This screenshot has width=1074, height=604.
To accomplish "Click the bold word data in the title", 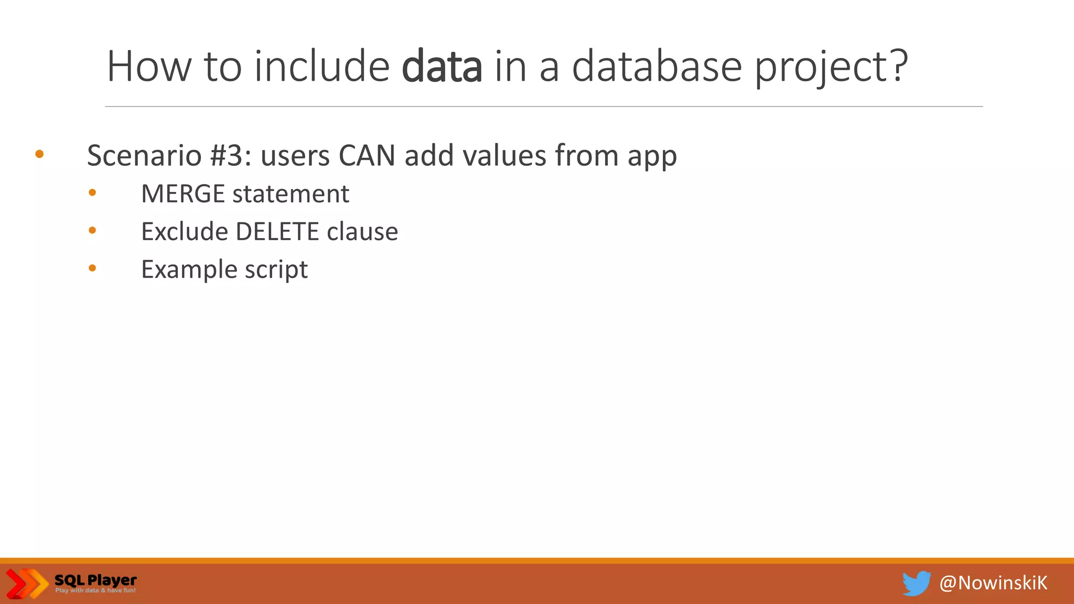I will click(442, 67).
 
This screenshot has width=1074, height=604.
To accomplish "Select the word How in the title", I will click(149, 67).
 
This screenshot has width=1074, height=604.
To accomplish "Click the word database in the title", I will click(657, 67).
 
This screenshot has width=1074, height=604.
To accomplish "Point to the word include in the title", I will click(322, 67).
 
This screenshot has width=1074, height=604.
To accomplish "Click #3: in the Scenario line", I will click(230, 156).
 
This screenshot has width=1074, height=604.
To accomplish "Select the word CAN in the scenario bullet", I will click(367, 156).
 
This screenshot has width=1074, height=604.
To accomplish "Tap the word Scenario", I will click(144, 156).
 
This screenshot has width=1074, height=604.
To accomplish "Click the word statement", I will click(291, 194).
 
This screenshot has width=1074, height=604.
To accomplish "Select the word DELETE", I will click(277, 232).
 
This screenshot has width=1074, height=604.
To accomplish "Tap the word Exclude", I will click(185, 232).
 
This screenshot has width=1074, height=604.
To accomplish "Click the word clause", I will click(362, 232).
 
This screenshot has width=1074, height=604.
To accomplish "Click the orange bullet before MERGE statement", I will click(92, 193).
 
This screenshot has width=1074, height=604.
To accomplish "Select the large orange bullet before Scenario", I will click(39, 154).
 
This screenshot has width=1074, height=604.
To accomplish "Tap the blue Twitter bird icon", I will click(916, 583).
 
